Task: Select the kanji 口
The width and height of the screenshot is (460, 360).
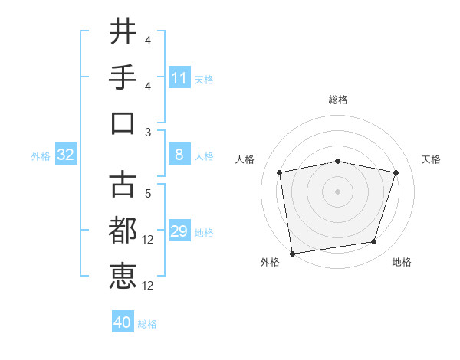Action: click(x=123, y=123)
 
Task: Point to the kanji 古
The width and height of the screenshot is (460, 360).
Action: click(x=123, y=184)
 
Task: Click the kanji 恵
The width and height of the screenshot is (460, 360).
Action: click(x=123, y=276)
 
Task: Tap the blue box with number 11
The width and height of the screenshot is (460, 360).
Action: click(x=179, y=78)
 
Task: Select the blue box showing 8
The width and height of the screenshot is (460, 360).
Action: click(x=179, y=155)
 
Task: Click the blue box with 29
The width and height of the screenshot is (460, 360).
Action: click(x=179, y=232)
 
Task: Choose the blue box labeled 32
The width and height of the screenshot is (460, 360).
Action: click(x=66, y=155)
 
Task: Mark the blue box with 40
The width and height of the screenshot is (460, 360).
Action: click(x=123, y=322)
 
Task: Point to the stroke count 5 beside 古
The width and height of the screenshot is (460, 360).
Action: click(x=148, y=194)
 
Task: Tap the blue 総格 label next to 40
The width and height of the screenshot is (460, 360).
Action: click(x=147, y=324)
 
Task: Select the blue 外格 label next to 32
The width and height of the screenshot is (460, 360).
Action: click(x=41, y=156)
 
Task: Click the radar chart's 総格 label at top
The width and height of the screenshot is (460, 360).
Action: click(x=338, y=100)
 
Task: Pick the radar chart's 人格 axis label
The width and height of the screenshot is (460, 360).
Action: click(x=245, y=159)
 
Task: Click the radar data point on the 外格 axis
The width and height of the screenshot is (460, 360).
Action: click(x=292, y=253)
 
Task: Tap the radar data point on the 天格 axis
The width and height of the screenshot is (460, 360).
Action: click(x=396, y=172)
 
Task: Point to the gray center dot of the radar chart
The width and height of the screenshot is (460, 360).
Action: click(x=338, y=191)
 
